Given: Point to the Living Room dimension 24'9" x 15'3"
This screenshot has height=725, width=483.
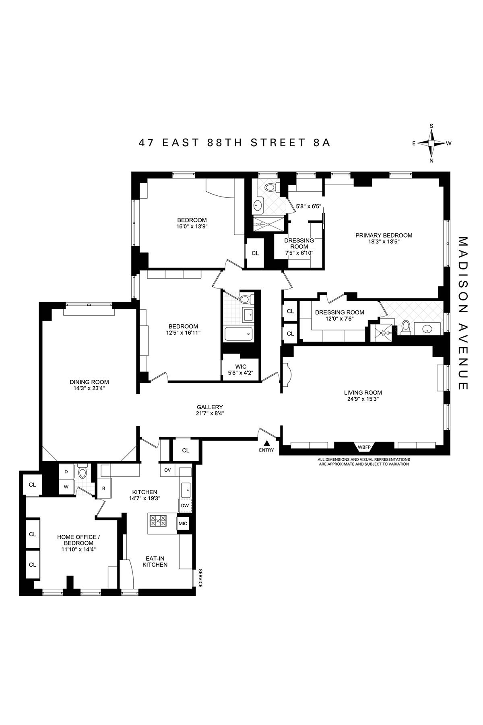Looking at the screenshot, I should [363, 399].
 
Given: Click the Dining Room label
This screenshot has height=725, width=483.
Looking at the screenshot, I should [89, 382].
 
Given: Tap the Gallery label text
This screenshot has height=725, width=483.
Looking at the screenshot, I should [210, 407].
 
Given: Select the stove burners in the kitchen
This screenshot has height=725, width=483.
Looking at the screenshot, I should [158, 521].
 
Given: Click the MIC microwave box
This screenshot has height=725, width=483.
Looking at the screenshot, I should [183, 523].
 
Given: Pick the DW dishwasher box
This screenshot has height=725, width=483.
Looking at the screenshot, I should [184, 505].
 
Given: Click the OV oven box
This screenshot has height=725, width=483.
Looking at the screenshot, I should [167, 470].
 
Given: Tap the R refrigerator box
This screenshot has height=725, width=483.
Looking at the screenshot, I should [103, 488].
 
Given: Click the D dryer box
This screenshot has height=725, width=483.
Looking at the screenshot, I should [66, 471].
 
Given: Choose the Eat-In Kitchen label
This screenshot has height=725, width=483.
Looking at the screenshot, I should [156, 561].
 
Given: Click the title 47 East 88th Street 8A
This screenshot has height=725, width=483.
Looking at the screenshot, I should [235, 143].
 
